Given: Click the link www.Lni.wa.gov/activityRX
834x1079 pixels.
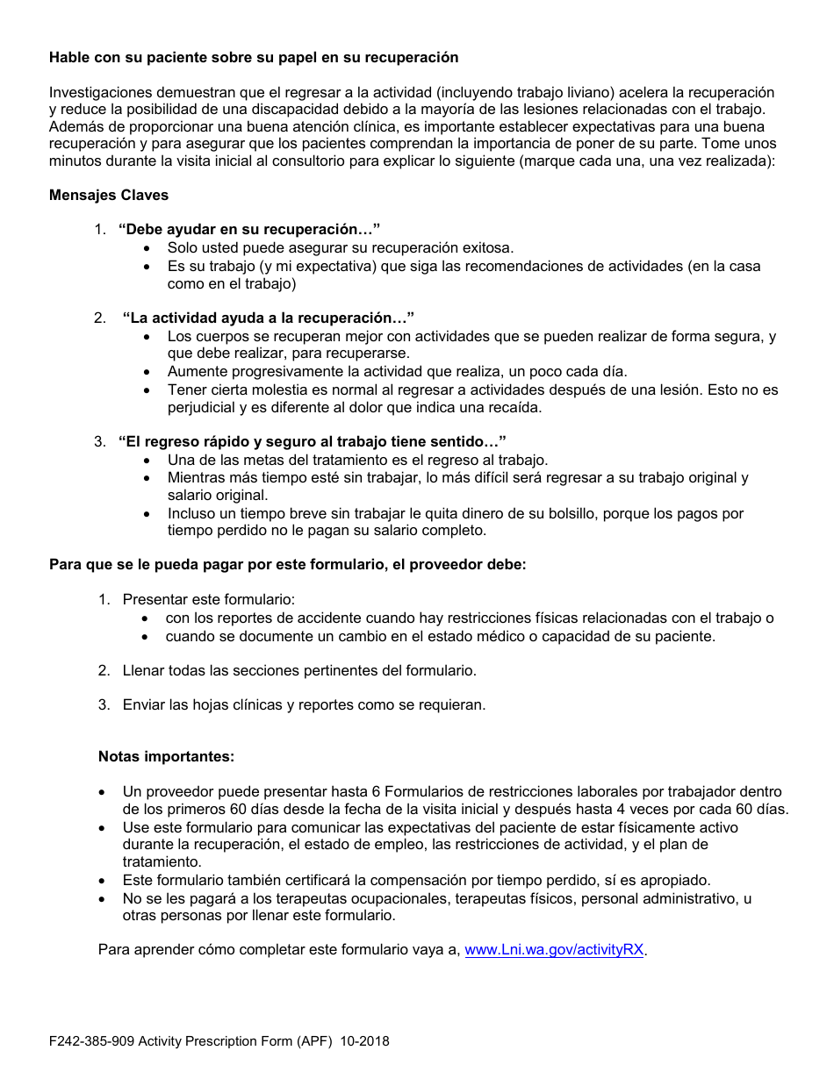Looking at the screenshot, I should (554, 950).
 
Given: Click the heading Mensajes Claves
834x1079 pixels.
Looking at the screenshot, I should (109, 196).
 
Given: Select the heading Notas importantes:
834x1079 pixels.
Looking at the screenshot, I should (166, 756).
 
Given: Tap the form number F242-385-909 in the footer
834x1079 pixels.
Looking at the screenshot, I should (91, 1042).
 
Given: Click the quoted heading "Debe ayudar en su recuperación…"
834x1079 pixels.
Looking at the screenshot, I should (249, 230).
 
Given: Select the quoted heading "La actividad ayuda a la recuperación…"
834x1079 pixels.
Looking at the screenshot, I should (268, 318).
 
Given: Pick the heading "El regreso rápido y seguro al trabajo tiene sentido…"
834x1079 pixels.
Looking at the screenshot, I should (313, 441).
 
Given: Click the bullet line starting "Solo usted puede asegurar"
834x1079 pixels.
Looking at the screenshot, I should (341, 248).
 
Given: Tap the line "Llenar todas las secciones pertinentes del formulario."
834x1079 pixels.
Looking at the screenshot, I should (299, 670).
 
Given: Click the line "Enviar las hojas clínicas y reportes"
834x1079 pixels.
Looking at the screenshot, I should (304, 704).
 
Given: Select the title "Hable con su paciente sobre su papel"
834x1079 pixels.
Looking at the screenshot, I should (254, 57).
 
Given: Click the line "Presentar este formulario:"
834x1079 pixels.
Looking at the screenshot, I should (209, 600).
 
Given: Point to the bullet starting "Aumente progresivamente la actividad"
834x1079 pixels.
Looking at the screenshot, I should (397, 371).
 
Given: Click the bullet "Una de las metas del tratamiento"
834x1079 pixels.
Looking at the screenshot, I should (357, 460).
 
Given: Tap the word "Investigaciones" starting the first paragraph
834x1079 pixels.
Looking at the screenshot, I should (98, 92).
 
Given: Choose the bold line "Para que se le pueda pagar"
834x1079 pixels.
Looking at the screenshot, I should (287, 565).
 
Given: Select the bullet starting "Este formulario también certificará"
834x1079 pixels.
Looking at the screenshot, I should (416, 880).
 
